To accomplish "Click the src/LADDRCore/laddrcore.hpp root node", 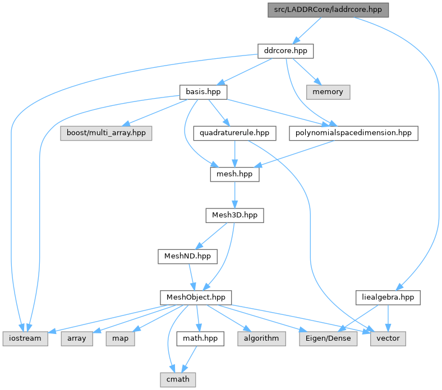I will pos(328,10).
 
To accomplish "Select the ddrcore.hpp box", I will pos(285,51).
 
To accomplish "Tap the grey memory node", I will pos(328,91).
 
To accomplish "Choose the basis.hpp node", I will pos(203,91).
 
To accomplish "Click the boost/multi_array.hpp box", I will pos(106,133).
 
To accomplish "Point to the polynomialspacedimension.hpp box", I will pos(354,133).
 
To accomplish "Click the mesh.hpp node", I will pos(234,174).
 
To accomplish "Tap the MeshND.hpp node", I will pos(187,256).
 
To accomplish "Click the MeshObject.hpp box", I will pos(196,297).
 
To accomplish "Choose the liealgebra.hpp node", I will pos(388,297).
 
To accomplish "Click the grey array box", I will pos(77,338).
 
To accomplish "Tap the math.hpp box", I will pos(200,338).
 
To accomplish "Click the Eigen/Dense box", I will pos(328,338).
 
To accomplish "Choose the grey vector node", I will pos(388,338).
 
